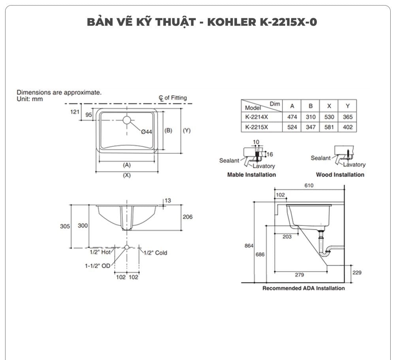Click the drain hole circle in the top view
(x=126, y=120)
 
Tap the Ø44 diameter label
(x=147, y=132)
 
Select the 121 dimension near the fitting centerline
(x=75, y=112)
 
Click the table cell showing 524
(x=292, y=127)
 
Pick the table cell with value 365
(x=348, y=117)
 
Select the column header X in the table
(x=329, y=106)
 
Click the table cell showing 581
(x=329, y=127)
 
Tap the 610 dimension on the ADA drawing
(x=309, y=186)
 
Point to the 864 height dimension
(x=249, y=245)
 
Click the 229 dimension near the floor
(x=357, y=273)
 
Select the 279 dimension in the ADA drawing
(x=299, y=275)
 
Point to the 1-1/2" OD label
(x=98, y=266)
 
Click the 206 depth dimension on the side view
(x=188, y=217)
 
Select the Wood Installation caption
(x=340, y=175)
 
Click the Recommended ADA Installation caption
(x=303, y=288)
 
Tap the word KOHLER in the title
(x=231, y=22)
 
